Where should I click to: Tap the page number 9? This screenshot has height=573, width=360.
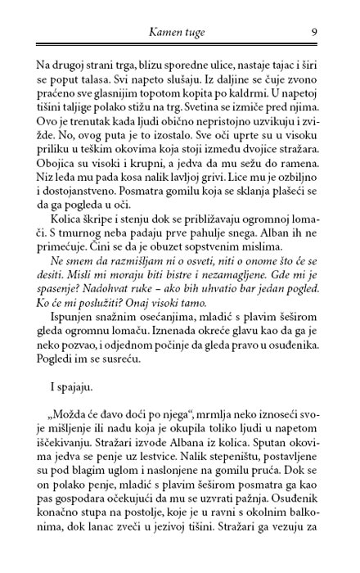tap(315, 33)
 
